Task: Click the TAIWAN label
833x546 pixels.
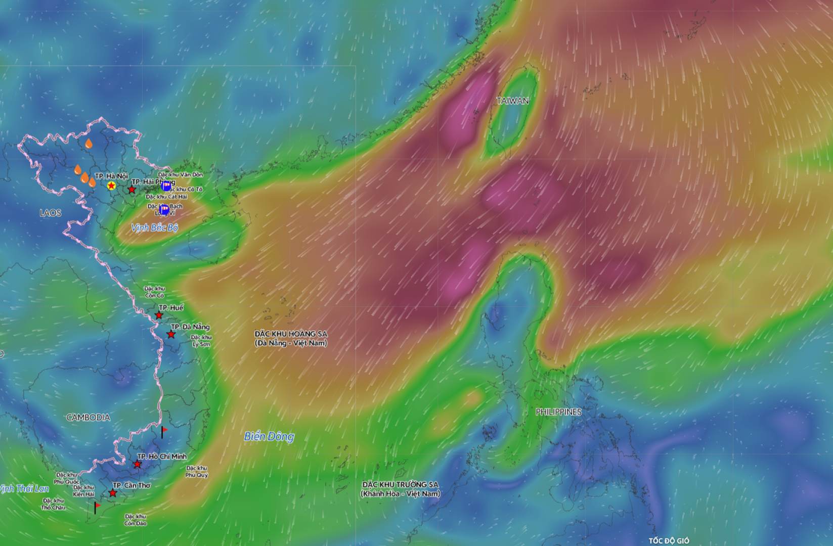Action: coord(512,101)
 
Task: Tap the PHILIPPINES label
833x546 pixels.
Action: coord(558,412)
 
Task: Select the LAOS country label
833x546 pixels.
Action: coord(51,213)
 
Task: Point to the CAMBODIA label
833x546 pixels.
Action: coord(88,417)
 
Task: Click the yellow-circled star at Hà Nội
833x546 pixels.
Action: coord(111,186)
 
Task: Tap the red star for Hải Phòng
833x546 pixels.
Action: coord(132,190)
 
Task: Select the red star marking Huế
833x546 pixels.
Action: coord(159,315)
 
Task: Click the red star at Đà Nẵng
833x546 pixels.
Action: coord(171,335)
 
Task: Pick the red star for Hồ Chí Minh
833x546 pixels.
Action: coord(137,464)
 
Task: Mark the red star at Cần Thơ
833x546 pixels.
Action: coord(113,493)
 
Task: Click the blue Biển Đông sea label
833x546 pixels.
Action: coord(269,436)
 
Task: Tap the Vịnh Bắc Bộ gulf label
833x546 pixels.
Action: coord(154,228)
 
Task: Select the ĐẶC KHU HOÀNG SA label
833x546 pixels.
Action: coord(291,338)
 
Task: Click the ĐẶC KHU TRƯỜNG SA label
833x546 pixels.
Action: coord(400,488)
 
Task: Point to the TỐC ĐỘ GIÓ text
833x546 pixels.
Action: coord(669,541)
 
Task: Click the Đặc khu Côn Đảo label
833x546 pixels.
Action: coord(136,520)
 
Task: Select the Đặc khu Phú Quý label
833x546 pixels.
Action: coord(196,472)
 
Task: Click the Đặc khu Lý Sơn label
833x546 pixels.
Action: coord(201,340)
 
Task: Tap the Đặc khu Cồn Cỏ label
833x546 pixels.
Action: coord(154,292)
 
